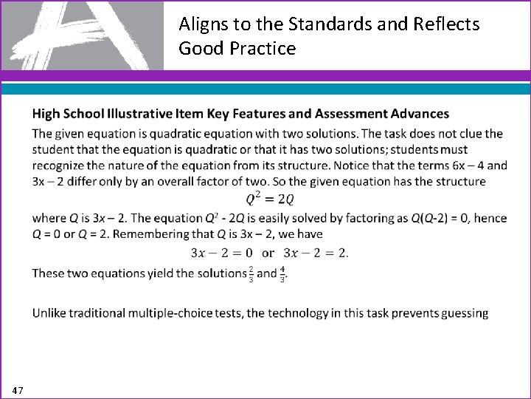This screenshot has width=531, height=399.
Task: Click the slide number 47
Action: point(18,389)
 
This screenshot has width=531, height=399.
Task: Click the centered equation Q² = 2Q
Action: point(270,199)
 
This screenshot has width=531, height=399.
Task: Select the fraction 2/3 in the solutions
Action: point(251,273)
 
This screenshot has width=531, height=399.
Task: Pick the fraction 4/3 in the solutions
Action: point(282,273)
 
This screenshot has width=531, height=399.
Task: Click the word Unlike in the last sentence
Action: point(50,313)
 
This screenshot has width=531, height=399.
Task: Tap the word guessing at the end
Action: point(464,313)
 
